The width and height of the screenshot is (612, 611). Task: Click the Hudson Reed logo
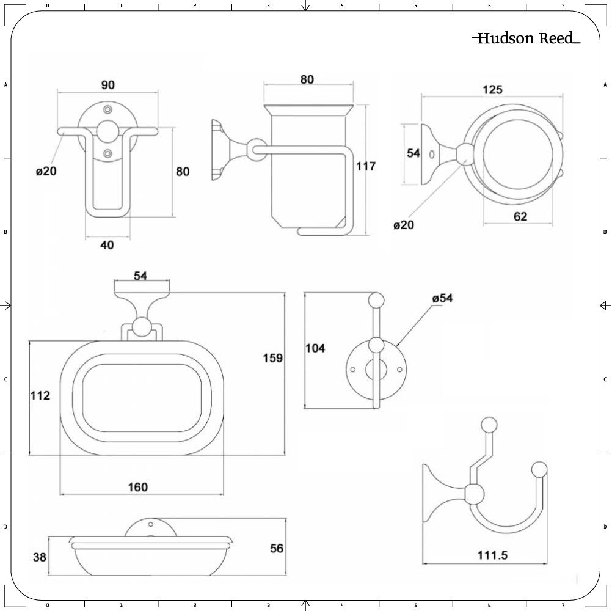click(x=526, y=38)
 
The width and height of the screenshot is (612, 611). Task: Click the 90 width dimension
click(x=107, y=85)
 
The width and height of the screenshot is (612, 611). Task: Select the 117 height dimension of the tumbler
click(x=366, y=166)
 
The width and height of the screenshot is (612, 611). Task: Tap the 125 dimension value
click(x=492, y=90)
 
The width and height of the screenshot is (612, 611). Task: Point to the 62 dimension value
click(x=520, y=216)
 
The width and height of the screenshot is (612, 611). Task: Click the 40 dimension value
click(x=107, y=244)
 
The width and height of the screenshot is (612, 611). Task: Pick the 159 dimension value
click(x=272, y=358)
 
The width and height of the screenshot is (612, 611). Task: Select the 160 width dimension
click(x=138, y=487)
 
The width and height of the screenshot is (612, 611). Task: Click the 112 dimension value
click(x=40, y=395)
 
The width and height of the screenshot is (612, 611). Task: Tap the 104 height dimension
click(x=315, y=348)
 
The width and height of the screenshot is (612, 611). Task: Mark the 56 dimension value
click(x=277, y=548)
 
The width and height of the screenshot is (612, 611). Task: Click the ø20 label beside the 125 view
click(x=404, y=225)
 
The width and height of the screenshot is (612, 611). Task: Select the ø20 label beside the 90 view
click(x=46, y=171)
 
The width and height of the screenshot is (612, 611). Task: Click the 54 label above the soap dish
click(x=140, y=276)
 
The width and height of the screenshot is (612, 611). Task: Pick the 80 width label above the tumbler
click(x=307, y=79)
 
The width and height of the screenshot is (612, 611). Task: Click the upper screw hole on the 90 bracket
click(x=108, y=109)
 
